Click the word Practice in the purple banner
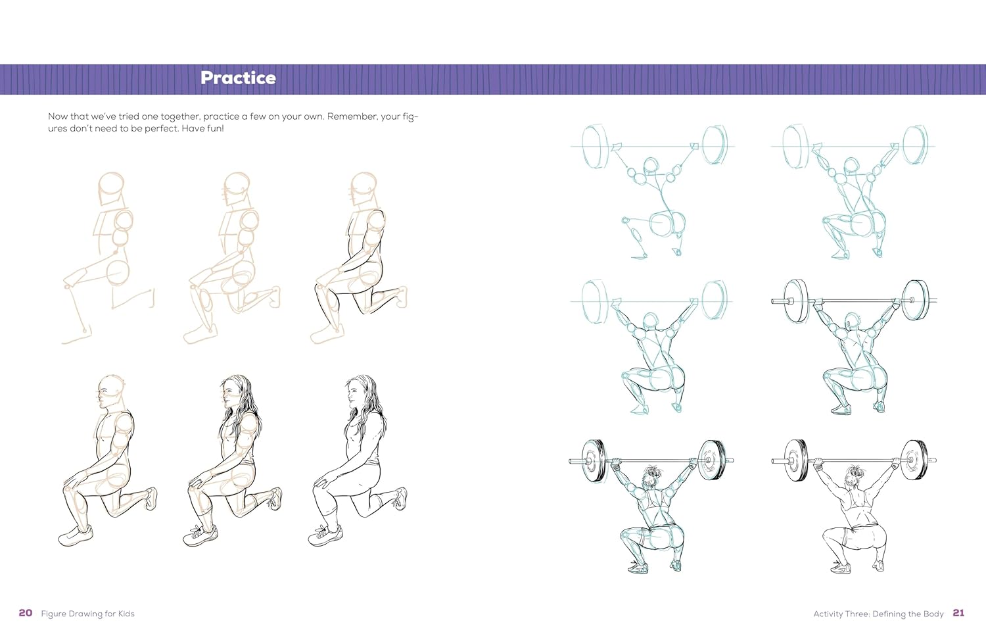click(238, 78)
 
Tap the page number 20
click(26, 613)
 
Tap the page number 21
click(958, 613)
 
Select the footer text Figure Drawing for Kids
click(87, 614)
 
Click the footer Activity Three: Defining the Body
click(878, 614)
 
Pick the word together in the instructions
click(180, 116)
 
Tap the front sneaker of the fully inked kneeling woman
click(326, 535)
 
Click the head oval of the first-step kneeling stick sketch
click(111, 188)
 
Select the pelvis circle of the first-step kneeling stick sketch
click(118, 271)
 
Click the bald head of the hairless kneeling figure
click(110, 392)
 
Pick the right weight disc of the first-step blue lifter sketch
click(714, 145)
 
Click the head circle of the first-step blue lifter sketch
click(650, 166)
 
